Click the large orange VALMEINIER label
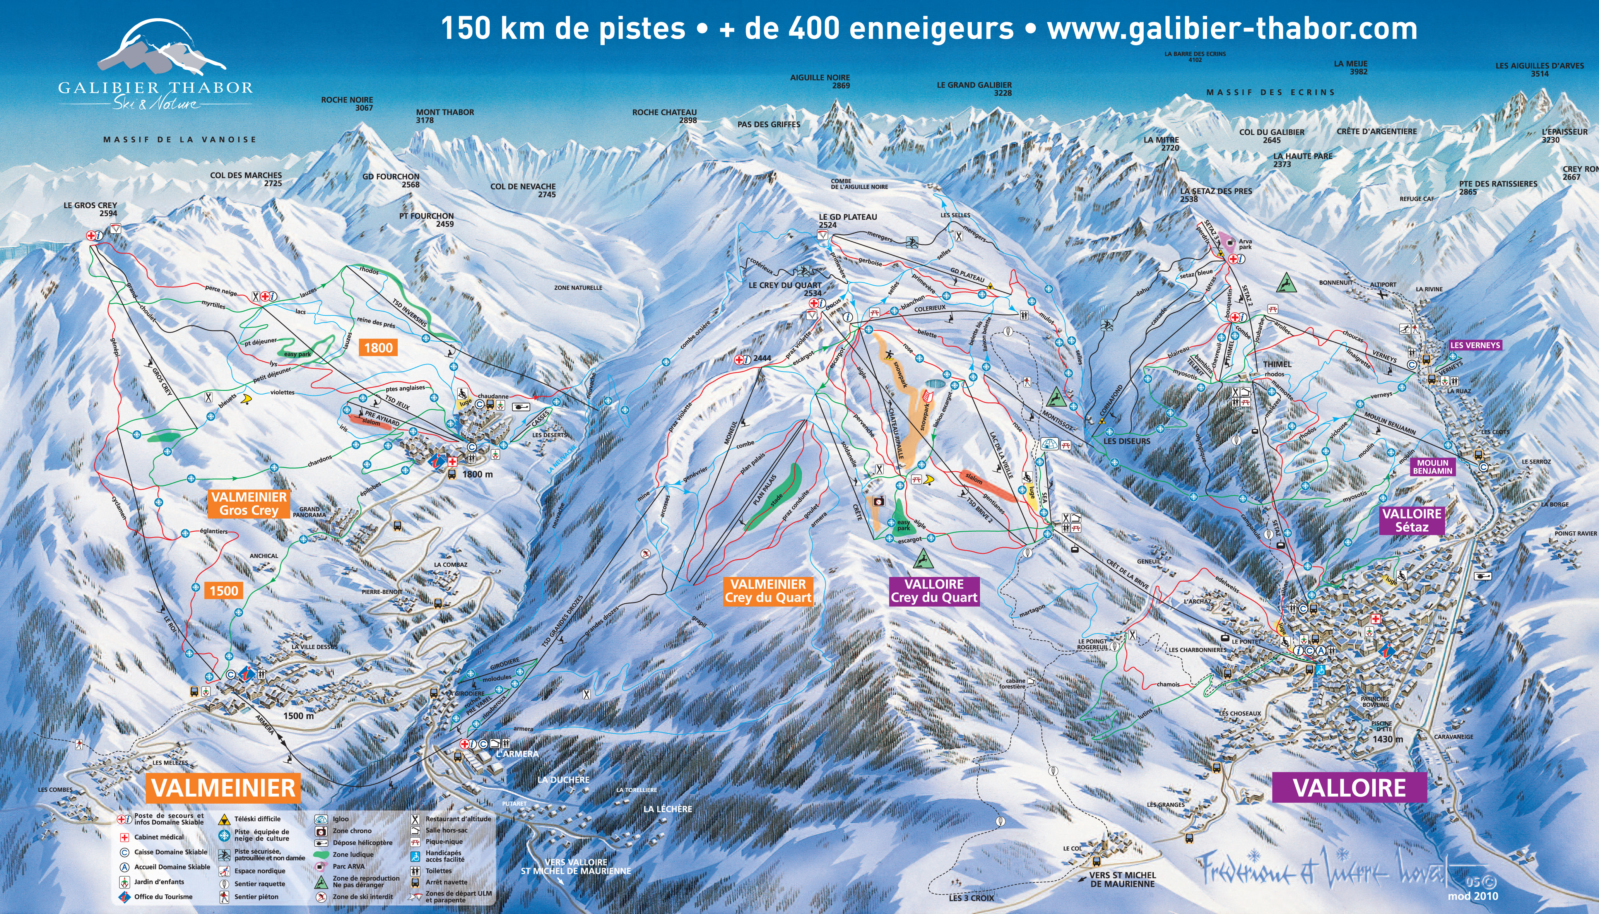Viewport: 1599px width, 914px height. pyautogui.click(x=223, y=788)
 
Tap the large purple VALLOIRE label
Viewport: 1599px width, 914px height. pyautogui.click(x=1349, y=788)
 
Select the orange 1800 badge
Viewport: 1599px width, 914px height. pyautogui.click(x=378, y=348)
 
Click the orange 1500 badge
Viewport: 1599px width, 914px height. pyautogui.click(x=223, y=591)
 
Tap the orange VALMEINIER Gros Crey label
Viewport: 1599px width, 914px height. pyautogui.click(x=249, y=503)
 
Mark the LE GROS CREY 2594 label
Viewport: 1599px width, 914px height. pyautogui.click(x=91, y=209)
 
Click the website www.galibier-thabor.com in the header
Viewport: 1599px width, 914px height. pyautogui.click(x=1232, y=29)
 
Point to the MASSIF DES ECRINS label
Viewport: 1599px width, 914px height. pyautogui.click(x=1271, y=92)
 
